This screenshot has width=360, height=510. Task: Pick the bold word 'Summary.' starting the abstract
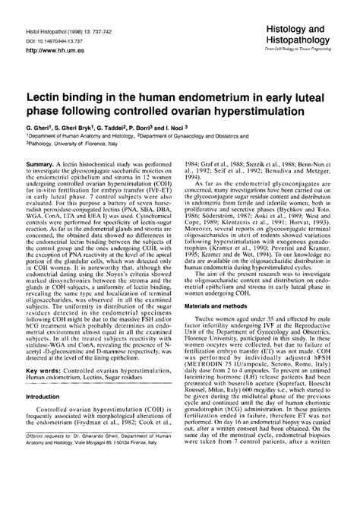pyautogui.click(x=52, y=183)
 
